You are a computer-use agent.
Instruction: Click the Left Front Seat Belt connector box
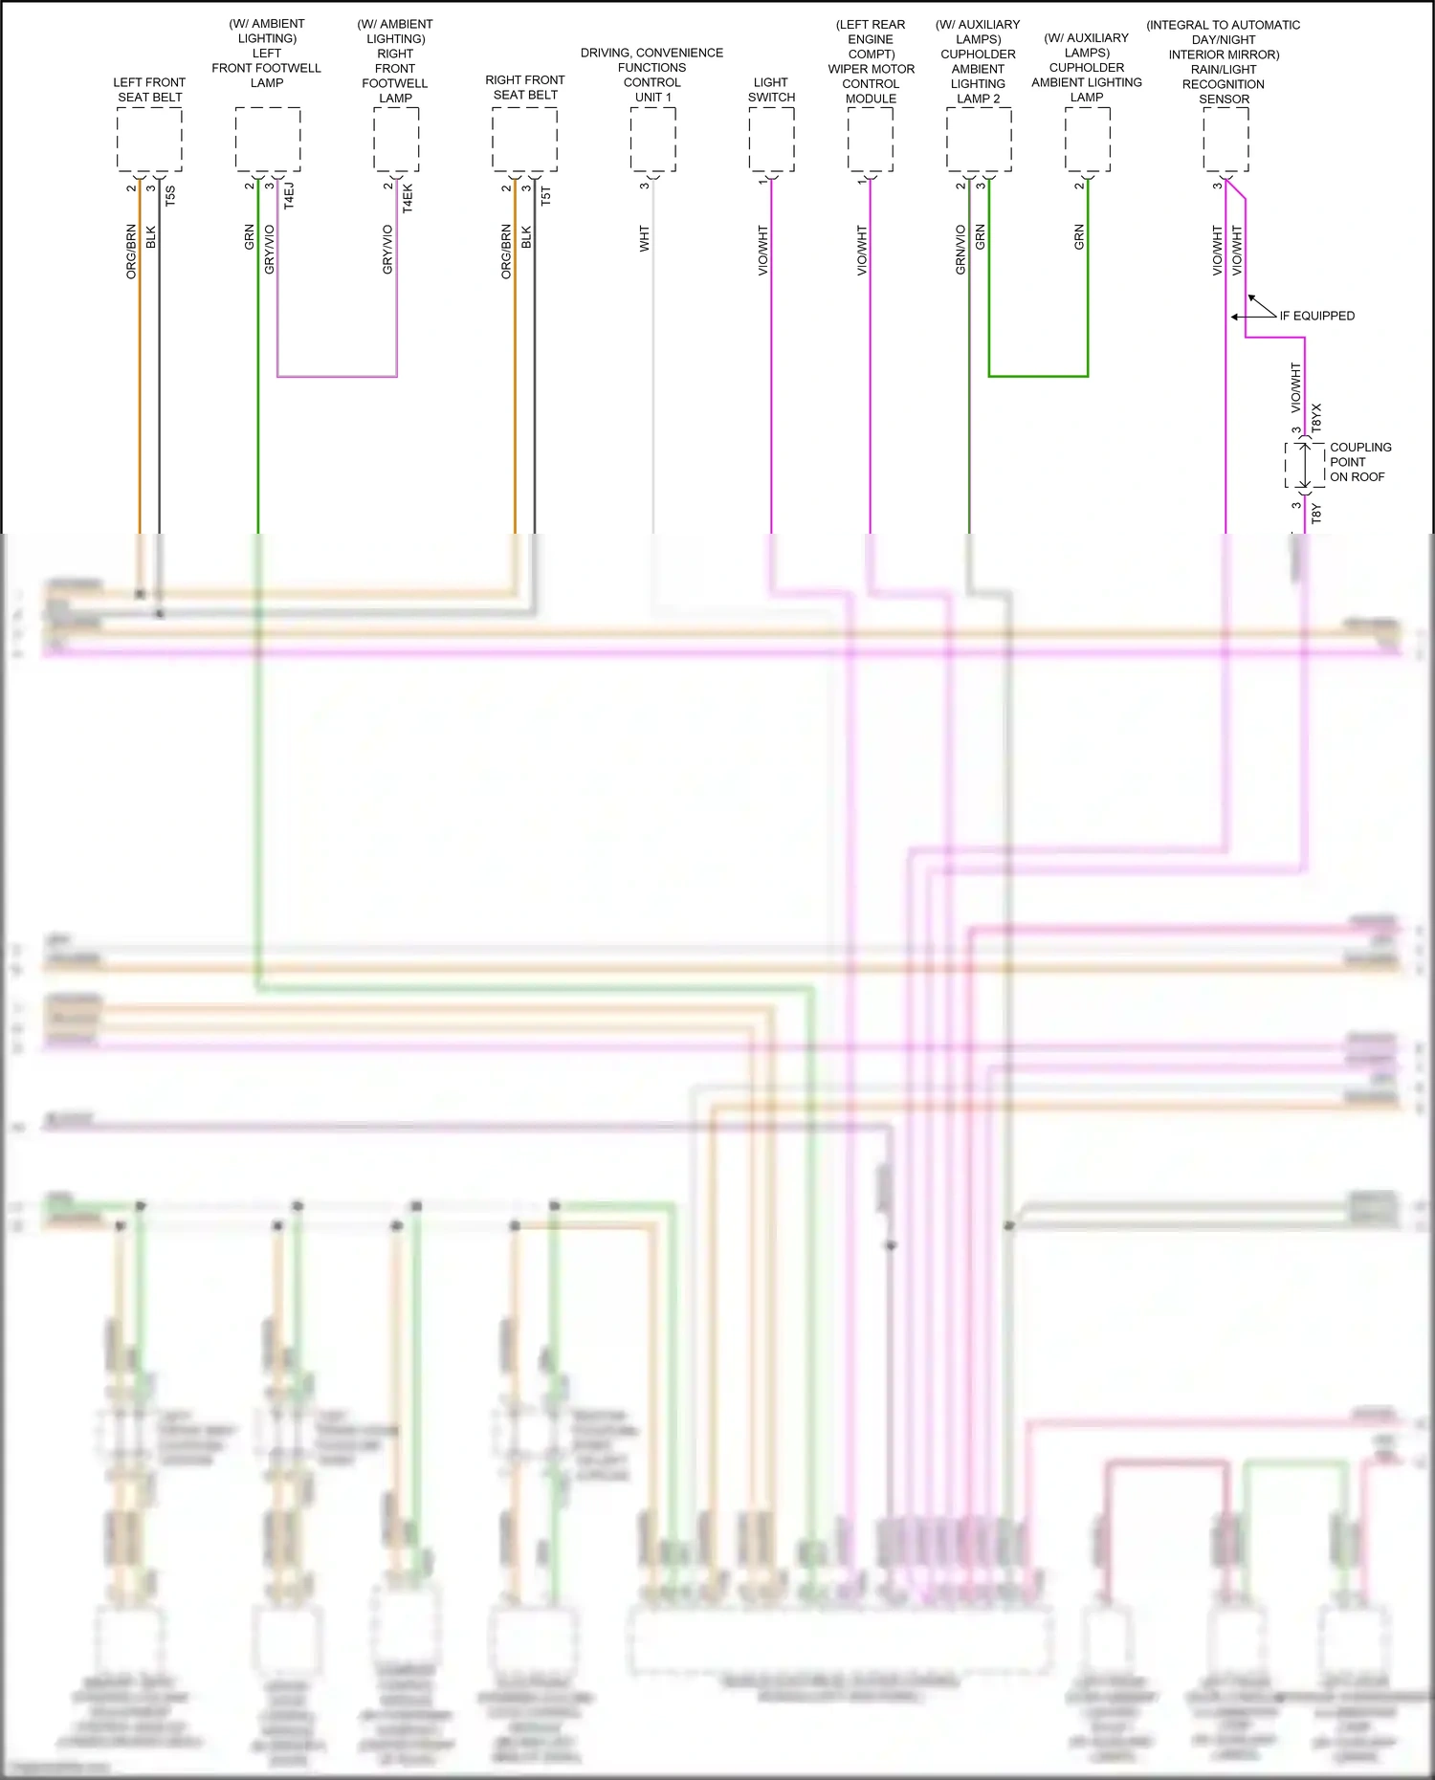tap(149, 140)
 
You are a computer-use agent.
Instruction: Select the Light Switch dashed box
tap(771, 140)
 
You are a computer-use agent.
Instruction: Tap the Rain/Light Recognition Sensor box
tap(1225, 140)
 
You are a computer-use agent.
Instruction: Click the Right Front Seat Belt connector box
tap(524, 140)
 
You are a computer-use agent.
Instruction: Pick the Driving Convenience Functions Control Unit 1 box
tap(653, 140)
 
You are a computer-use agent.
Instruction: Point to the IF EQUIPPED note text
tap(1316, 316)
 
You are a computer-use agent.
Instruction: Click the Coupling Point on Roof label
tap(1359, 462)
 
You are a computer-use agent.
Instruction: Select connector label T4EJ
tap(289, 195)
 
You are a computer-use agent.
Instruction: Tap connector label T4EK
tap(408, 198)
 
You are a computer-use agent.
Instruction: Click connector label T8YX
tap(1316, 417)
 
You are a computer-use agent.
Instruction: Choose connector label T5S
tap(170, 196)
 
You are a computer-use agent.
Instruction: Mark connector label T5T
tap(546, 196)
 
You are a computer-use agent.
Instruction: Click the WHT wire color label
tap(645, 239)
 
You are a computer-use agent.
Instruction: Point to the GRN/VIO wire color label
tap(960, 251)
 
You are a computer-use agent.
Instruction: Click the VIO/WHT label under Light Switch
tap(762, 251)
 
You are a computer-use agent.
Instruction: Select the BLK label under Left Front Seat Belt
tap(150, 237)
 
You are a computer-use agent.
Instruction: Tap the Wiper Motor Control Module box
tap(871, 140)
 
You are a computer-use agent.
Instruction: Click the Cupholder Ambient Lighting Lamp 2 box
tap(979, 140)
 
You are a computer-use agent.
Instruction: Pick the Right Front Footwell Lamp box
tap(396, 140)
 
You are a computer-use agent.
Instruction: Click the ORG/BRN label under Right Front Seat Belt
tap(506, 252)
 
